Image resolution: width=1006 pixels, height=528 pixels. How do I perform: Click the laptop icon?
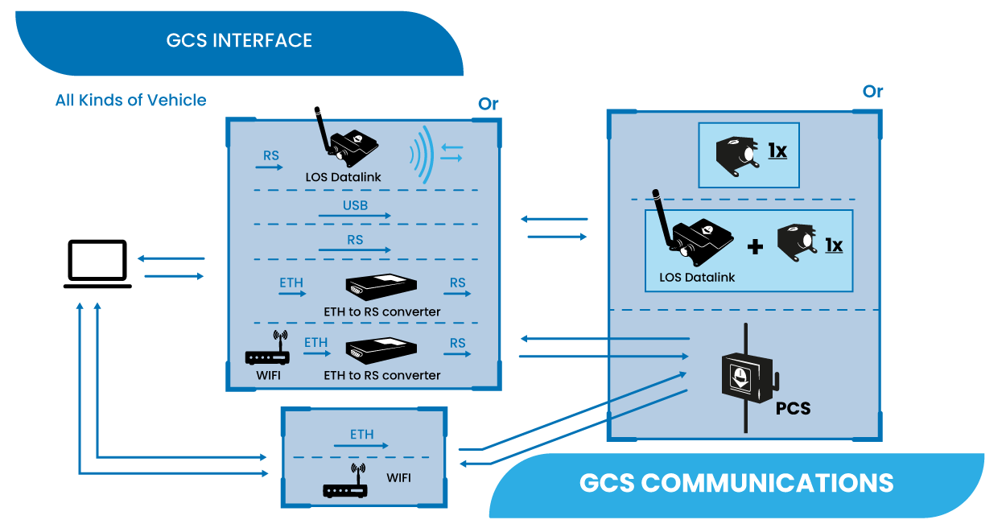[98, 264]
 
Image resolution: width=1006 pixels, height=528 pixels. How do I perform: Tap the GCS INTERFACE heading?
[239, 40]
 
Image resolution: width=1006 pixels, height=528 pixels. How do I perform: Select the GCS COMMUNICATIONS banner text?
[736, 483]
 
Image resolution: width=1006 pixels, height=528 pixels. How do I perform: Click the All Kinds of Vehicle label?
[130, 101]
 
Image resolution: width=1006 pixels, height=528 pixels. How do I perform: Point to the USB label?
[355, 205]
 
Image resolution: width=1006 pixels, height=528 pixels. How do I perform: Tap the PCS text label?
[793, 409]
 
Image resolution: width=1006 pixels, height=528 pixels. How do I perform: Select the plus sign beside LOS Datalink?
[755, 246]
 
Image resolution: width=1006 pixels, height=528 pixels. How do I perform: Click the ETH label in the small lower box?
[361, 435]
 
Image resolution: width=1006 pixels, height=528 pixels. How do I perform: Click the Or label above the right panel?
[872, 92]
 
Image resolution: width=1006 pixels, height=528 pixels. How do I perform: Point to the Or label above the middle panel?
[488, 104]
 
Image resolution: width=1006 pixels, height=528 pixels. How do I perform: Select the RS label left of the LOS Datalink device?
[270, 155]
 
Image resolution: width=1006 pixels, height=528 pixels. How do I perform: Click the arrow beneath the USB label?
[355, 217]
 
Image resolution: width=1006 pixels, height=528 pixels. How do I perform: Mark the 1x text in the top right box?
[777, 151]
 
